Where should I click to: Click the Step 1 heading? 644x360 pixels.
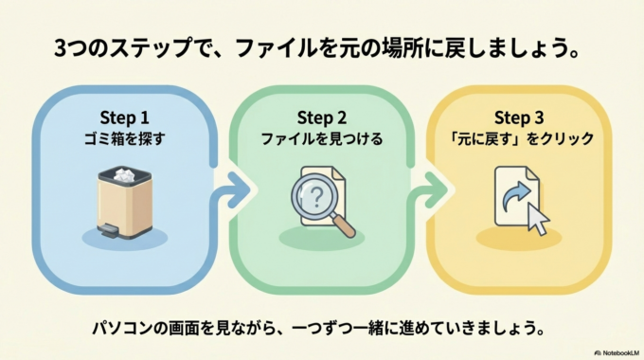[125, 117]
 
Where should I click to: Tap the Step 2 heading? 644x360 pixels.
[322, 117]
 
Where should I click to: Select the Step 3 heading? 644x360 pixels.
[519, 117]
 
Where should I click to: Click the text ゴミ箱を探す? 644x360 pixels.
[125, 139]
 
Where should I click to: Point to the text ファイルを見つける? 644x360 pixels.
[322, 139]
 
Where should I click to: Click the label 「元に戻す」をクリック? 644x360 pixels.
[519, 139]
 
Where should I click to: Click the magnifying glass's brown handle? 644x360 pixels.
[344, 227]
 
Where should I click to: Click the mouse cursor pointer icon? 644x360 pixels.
[537, 219]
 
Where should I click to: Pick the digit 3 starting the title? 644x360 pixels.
[61, 46]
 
